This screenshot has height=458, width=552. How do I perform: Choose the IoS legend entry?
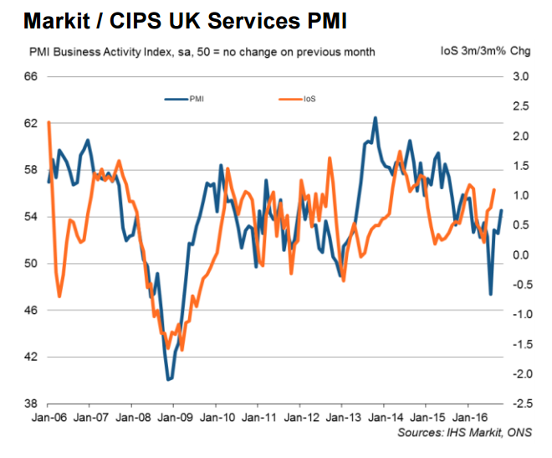click(x=310, y=99)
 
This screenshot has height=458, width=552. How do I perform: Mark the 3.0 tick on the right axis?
click(x=522, y=76)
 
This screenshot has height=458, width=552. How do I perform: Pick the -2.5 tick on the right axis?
click(x=520, y=404)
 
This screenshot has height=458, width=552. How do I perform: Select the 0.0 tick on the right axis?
click(x=522, y=255)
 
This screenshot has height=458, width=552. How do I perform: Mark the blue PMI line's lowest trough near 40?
click(x=169, y=379)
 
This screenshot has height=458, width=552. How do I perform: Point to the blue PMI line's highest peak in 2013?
click(x=375, y=118)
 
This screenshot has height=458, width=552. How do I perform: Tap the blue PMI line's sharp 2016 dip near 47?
click(x=490, y=294)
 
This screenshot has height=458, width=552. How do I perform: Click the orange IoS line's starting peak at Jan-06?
click(x=49, y=122)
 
